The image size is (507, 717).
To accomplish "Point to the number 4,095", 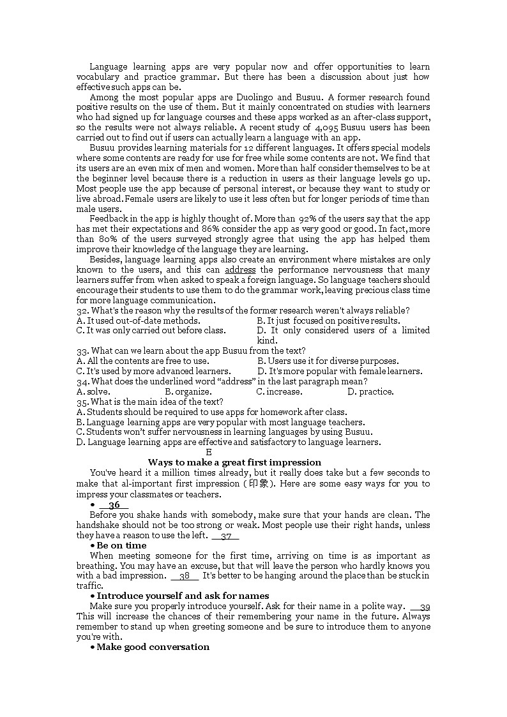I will [x=327, y=128].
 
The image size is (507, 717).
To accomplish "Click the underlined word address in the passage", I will [x=240, y=270].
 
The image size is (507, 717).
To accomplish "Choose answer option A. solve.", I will [x=93, y=392].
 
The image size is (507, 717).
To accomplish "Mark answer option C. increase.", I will [x=279, y=392].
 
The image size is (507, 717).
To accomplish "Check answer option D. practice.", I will [x=370, y=392].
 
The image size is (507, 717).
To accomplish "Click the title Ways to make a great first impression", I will [x=234, y=462].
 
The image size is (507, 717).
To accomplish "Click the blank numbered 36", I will [x=114, y=505].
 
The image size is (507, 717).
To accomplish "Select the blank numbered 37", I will [x=225, y=536].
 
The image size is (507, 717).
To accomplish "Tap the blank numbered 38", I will [x=185, y=576].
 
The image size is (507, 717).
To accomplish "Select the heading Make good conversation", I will [x=153, y=647].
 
